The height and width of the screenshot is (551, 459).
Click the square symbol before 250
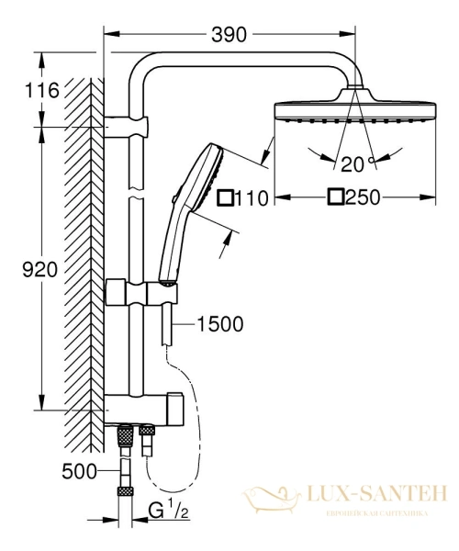click(336, 197)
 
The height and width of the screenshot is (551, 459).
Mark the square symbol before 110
click(224, 197)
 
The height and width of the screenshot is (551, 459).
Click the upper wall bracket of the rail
click(129, 125)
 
